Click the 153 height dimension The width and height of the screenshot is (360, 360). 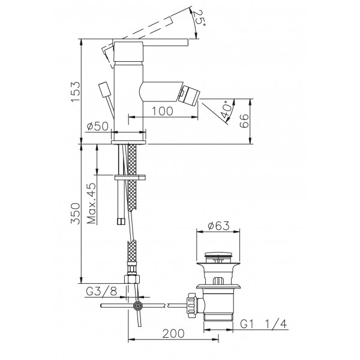point(76,91)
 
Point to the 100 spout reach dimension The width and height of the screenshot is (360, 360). point(163,111)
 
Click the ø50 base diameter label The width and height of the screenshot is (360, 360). point(98,126)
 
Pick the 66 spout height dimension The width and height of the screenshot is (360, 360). point(244,121)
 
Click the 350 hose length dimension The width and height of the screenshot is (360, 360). point(76,214)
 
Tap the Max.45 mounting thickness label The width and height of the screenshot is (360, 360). point(92,203)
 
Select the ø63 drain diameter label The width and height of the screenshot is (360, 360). point(218,226)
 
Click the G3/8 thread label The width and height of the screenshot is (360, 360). point(101,292)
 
